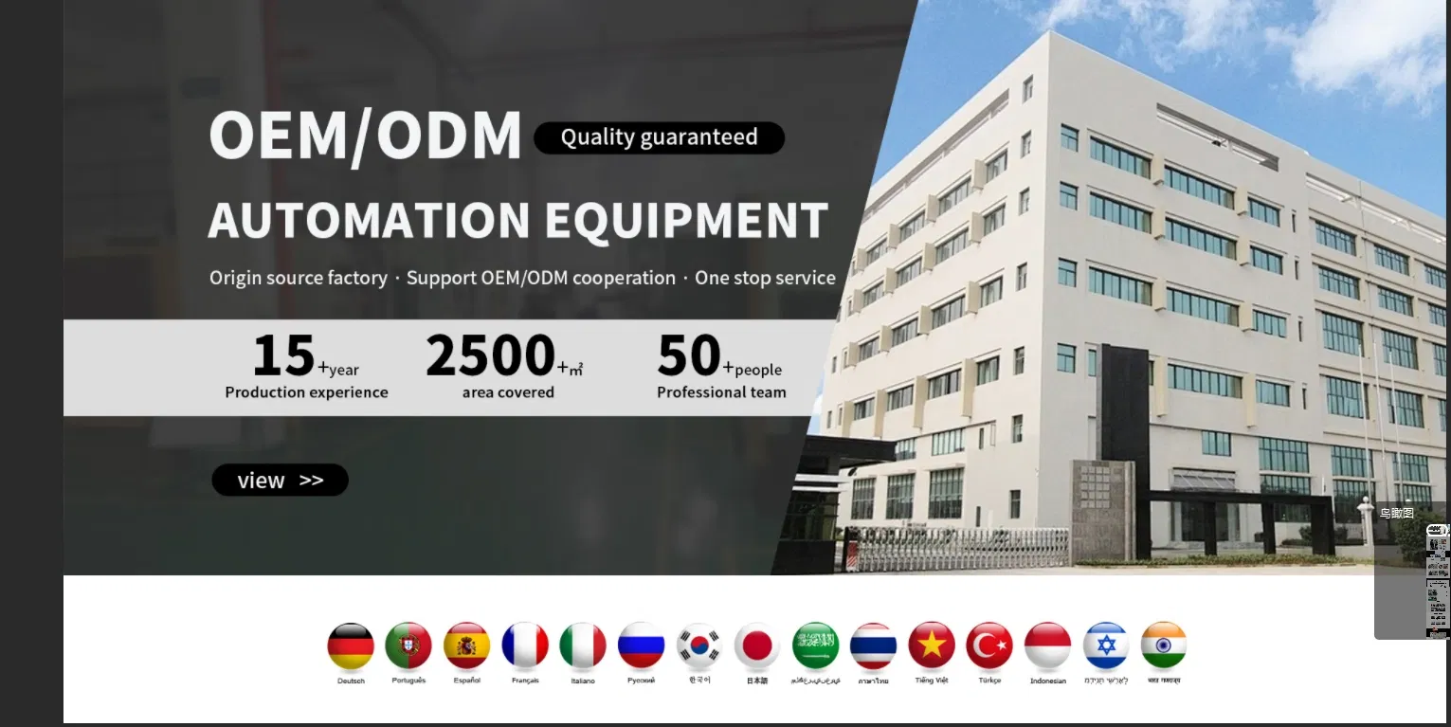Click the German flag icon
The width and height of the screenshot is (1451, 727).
351,646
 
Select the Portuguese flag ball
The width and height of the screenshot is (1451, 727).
408,646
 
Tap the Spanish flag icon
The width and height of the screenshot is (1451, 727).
466,646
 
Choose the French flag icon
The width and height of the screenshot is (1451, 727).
525,646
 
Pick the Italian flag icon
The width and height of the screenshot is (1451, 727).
583,646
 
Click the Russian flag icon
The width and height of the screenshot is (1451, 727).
641,646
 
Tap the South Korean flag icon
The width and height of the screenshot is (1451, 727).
699,646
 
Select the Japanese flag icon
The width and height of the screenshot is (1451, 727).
757,646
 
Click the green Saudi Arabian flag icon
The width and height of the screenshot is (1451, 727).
815,646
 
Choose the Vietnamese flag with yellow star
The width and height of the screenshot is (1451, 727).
932,646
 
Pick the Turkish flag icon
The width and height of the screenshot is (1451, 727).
989,646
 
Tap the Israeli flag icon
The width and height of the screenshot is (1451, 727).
1106,646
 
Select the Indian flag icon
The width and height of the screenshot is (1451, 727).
1164,646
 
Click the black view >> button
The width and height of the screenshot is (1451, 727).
280,481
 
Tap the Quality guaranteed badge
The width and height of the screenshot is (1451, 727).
659,137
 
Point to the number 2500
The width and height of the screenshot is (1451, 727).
490,355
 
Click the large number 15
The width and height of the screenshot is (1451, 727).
283,355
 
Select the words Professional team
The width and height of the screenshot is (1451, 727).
721,392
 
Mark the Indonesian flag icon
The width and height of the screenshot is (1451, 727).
1048,646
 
